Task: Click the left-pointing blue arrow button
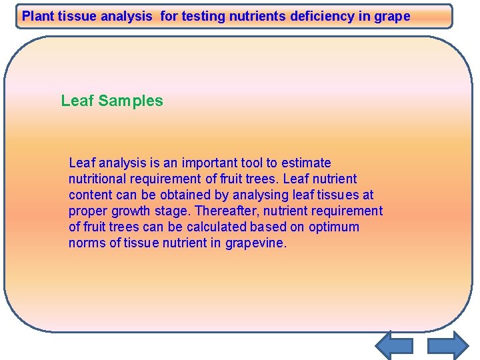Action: [394, 345]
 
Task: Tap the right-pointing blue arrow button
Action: [447, 345]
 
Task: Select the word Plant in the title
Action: [37, 16]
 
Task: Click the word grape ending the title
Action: [393, 16]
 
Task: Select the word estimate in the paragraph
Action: [306, 163]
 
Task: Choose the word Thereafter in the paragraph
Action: [224, 211]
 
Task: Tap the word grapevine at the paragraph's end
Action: [256, 243]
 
